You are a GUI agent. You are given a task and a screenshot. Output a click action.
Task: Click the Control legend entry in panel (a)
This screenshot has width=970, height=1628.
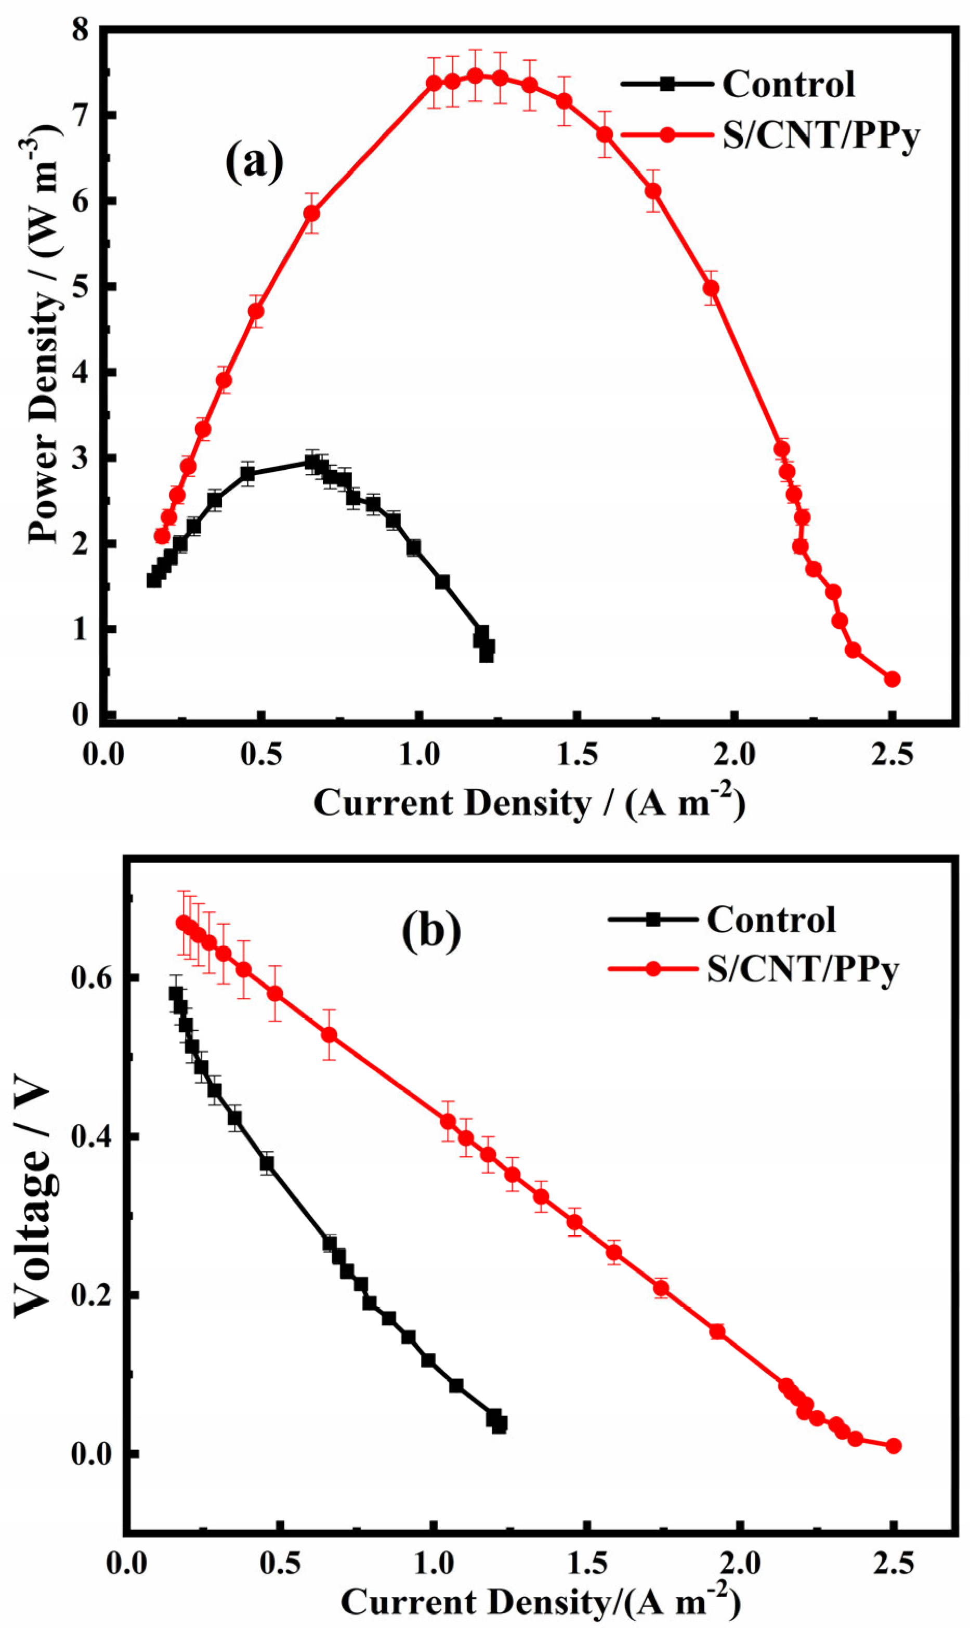pyautogui.click(x=788, y=84)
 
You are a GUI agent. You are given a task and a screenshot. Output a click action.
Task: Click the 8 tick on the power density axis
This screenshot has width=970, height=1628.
pyautogui.click(x=80, y=31)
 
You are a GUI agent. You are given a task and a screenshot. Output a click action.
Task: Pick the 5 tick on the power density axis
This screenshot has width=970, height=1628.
pyautogui.click(x=80, y=287)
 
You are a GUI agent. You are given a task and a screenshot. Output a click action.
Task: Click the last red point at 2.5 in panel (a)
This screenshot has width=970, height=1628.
pyautogui.click(x=892, y=679)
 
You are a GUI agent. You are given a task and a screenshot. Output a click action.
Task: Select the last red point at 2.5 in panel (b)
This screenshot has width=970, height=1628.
pyautogui.click(x=894, y=1446)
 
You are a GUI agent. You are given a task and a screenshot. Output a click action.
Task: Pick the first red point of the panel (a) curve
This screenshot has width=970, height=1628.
pyautogui.click(x=162, y=536)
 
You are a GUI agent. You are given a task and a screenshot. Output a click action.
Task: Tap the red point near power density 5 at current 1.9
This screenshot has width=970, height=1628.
pyautogui.click(x=711, y=288)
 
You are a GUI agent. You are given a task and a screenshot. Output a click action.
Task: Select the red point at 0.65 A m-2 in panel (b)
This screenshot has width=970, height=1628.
pyautogui.click(x=330, y=1035)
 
